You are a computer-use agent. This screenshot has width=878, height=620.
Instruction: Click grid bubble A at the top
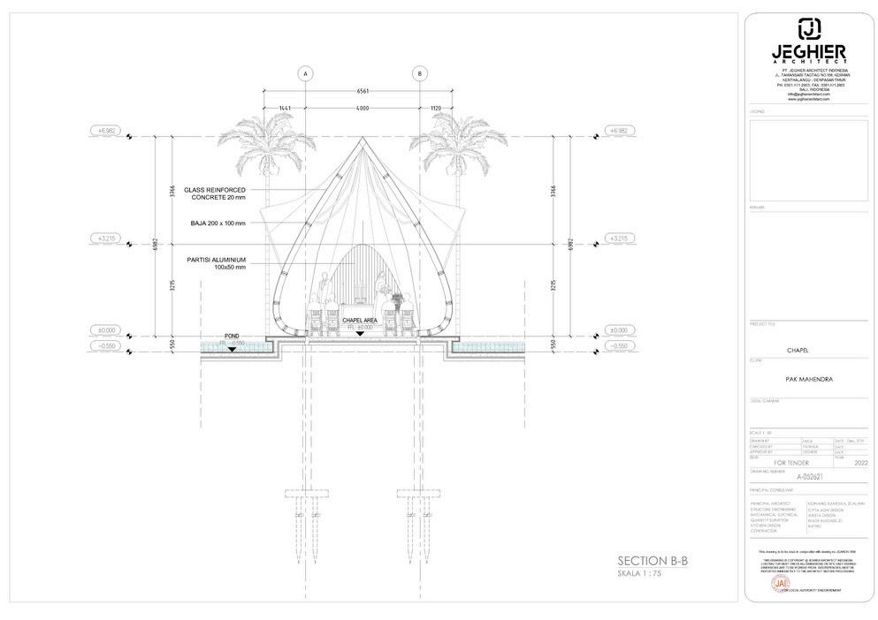[306, 72]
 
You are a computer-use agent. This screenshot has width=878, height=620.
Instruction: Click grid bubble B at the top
[419, 72]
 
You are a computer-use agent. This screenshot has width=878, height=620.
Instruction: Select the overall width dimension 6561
[363, 91]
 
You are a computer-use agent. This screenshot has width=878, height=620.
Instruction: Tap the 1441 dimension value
[285, 108]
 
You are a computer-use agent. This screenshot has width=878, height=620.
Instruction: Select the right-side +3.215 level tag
[617, 238]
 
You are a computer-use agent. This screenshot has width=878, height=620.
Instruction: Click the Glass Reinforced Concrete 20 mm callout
[215, 194]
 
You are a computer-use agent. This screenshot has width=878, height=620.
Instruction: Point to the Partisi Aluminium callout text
[215, 263]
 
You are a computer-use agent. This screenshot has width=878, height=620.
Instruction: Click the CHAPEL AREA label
[360, 321]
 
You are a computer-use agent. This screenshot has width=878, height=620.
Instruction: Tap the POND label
[233, 336]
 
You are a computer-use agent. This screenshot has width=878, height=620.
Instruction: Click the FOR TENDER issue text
[790, 462]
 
